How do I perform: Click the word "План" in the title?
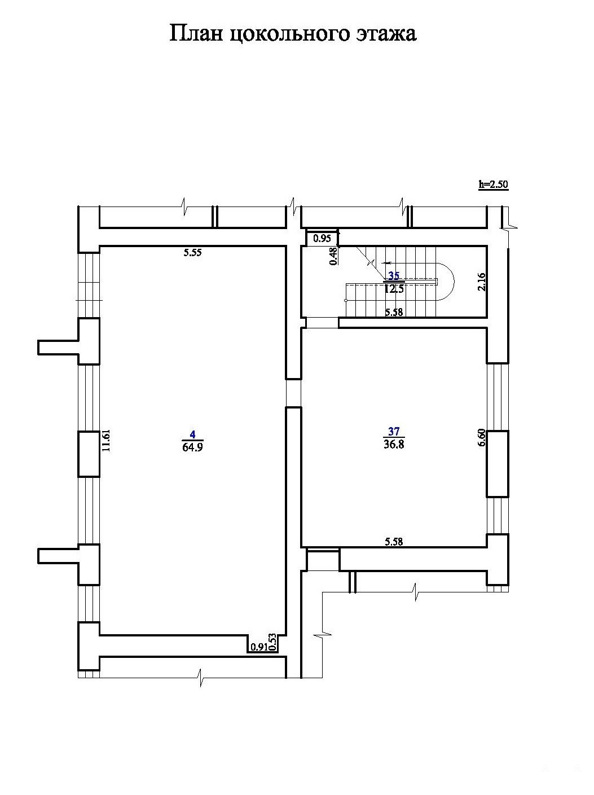pos(196,34)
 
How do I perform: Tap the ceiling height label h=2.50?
pos(494,185)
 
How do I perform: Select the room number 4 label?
pos(192,434)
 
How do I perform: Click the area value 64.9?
pos(192,447)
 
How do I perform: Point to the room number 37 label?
pos(394,432)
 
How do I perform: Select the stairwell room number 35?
pos(394,276)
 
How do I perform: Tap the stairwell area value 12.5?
pos(394,289)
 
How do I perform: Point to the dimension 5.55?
pos(192,253)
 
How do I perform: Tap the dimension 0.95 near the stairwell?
pos(322,238)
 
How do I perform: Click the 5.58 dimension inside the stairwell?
pos(394,312)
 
